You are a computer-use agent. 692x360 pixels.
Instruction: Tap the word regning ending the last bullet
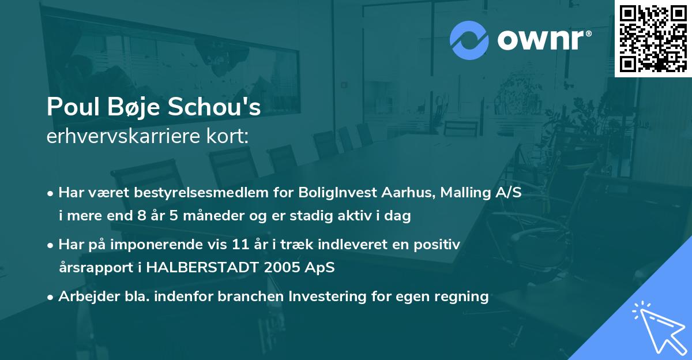coord(463,297)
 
